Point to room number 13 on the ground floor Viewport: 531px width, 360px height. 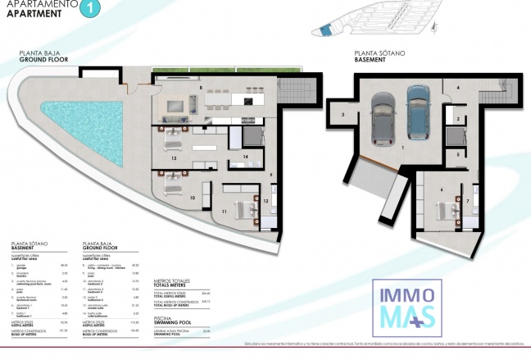[x=175, y=159]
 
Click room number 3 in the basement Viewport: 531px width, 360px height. [x=343, y=116]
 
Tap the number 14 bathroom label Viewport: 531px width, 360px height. [x=245, y=156]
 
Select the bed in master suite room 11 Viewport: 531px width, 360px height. [x=243, y=207]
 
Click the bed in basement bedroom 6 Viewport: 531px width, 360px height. [x=447, y=212]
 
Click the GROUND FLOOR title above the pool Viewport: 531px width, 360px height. [x=45, y=60]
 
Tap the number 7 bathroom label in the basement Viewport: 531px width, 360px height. [x=468, y=199]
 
